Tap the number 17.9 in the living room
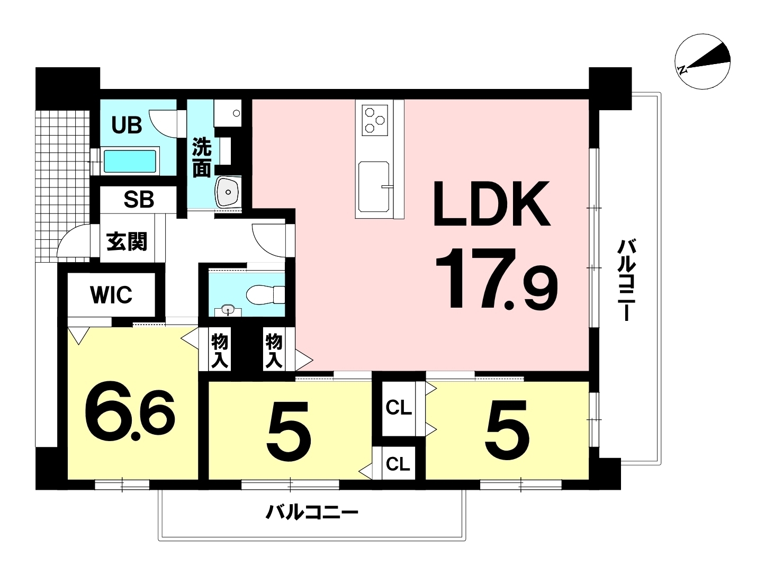(x=497, y=279)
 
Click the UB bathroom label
(x=127, y=125)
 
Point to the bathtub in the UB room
(x=131, y=161)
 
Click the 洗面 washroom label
(x=202, y=158)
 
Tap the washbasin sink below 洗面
(x=228, y=192)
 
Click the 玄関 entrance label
(x=127, y=241)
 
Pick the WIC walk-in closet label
(x=111, y=295)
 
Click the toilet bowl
(x=265, y=295)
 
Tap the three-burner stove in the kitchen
(x=375, y=120)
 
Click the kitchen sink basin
(x=374, y=186)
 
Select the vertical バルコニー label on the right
(x=627, y=280)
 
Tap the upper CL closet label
(x=399, y=408)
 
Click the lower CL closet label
(x=398, y=464)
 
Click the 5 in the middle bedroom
(x=289, y=431)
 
